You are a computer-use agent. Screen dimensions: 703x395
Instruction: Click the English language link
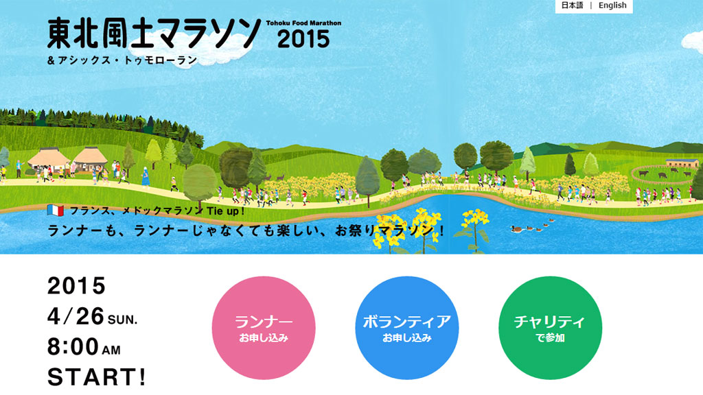click(x=612, y=5)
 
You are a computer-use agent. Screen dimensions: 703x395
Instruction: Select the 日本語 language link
click(x=572, y=5)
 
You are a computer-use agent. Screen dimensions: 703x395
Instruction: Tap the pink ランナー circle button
click(x=264, y=328)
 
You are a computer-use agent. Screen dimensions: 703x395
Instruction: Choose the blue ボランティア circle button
click(x=407, y=328)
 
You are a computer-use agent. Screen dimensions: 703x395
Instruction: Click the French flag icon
click(x=56, y=210)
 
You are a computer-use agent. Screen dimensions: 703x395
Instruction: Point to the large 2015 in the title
click(x=303, y=39)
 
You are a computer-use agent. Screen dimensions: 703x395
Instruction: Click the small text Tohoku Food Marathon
click(x=303, y=23)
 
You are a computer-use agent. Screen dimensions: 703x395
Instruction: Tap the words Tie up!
click(x=226, y=211)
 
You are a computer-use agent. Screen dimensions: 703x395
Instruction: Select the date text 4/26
click(x=76, y=317)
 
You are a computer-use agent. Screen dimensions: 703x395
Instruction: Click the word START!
click(x=97, y=377)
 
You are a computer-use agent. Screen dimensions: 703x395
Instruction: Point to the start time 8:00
click(x=73, y=346)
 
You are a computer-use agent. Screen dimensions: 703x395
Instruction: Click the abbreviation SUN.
click(x=122, y=320)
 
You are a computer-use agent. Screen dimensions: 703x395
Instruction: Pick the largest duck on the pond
click(x=517, y=229)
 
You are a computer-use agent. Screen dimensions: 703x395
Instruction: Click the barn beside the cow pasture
click(x=682, y=163)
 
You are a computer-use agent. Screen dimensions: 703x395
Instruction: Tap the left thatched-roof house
click(x=49, y=160)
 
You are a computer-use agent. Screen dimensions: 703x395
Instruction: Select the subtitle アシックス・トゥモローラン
click(x=128, y=60)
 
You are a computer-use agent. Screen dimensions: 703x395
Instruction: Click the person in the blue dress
click(x=146, y=176)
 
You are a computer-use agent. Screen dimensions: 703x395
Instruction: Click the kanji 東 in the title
click(x=60, y=33)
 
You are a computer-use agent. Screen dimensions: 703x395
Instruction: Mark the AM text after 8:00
click(x=111, y=350)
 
